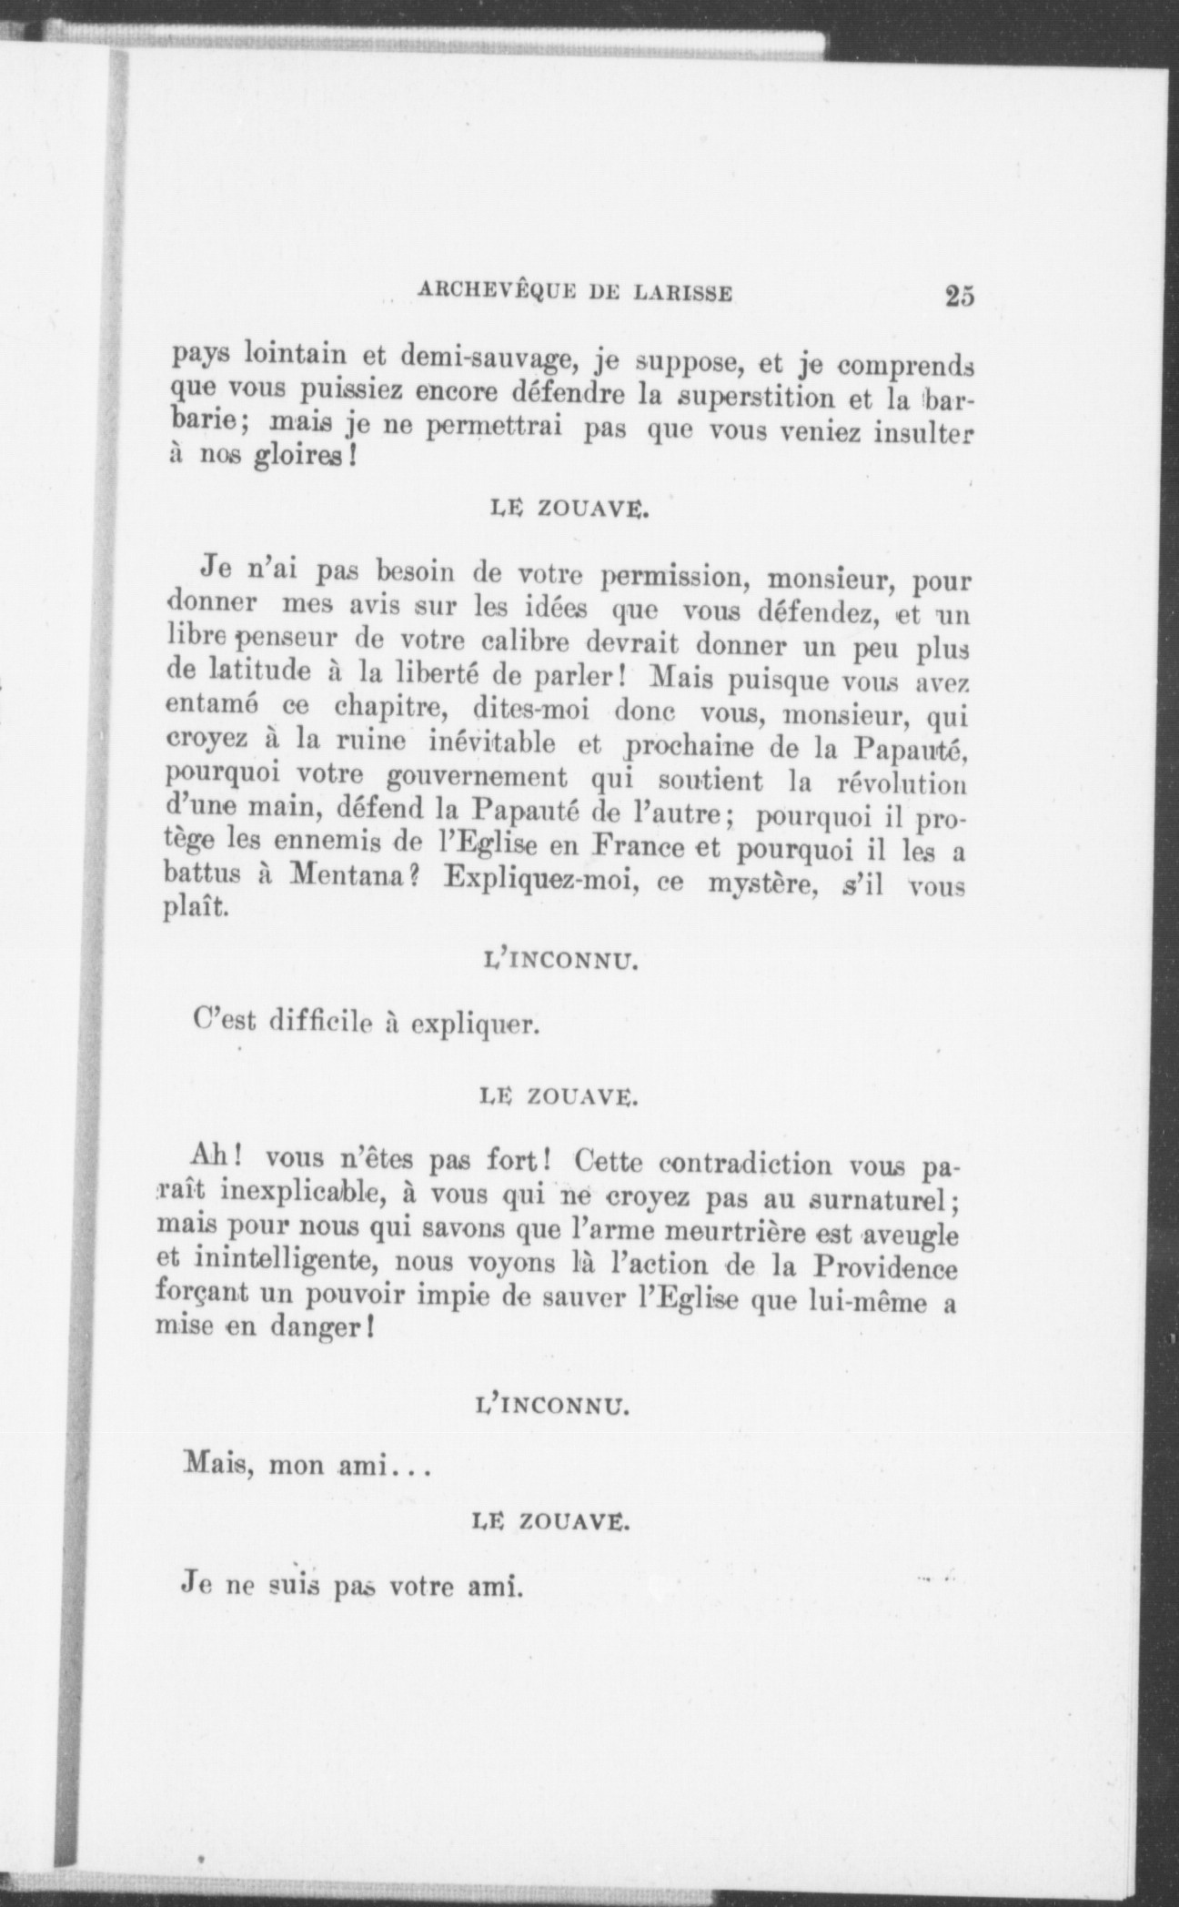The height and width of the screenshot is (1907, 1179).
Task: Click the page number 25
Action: coord(960,297)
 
